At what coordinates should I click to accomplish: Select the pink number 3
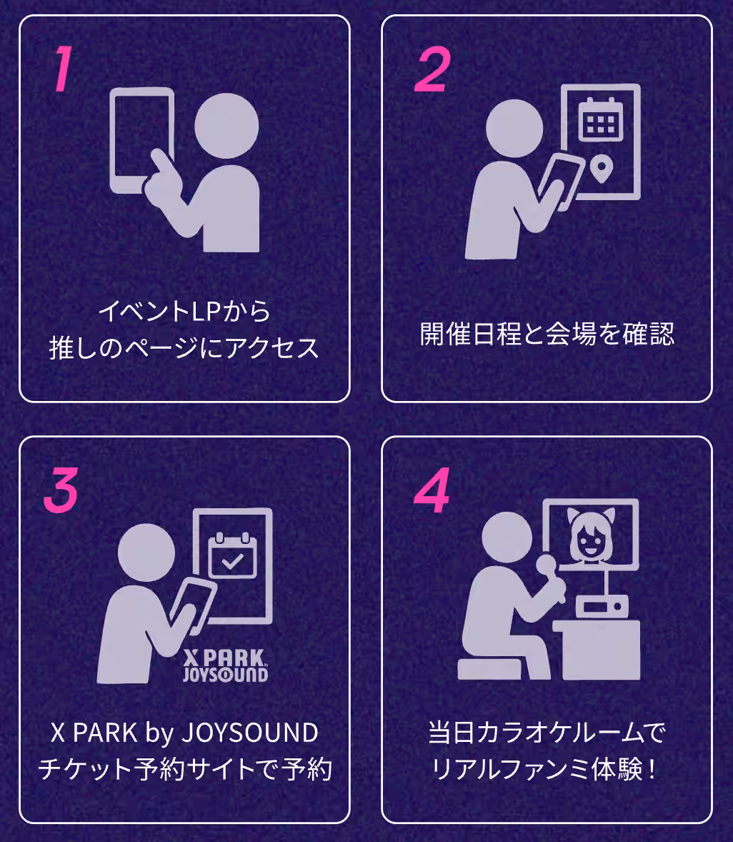click(x=61, y=492)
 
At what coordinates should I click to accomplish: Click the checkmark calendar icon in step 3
click(x=231, y=555)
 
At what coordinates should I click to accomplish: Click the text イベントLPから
click(x=184, y=312)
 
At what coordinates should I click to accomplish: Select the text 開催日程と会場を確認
click(x=547, y=334)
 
